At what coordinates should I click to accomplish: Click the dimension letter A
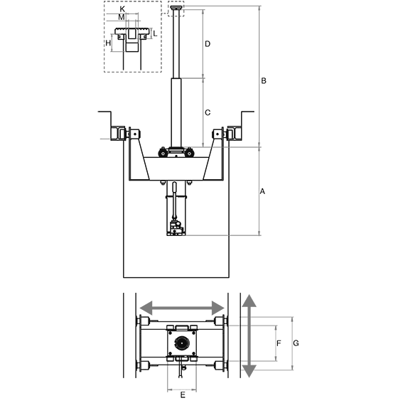(262, 191)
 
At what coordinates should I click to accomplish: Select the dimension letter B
(264, 81)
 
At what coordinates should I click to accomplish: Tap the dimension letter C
(208, 112)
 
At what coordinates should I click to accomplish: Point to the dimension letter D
(208, 44)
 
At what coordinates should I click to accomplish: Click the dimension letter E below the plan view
(183, 394)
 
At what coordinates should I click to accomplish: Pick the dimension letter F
(279, 343)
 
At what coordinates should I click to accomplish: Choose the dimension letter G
(296, 343)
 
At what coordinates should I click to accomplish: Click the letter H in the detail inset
(108, 43)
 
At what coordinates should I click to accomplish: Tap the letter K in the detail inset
(122, 9)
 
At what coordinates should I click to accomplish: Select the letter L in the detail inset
(155, 33)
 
